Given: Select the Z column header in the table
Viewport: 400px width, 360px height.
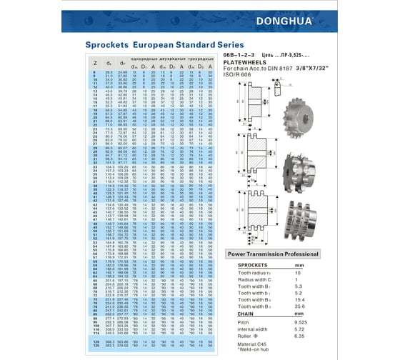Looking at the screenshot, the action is (96, 63).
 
